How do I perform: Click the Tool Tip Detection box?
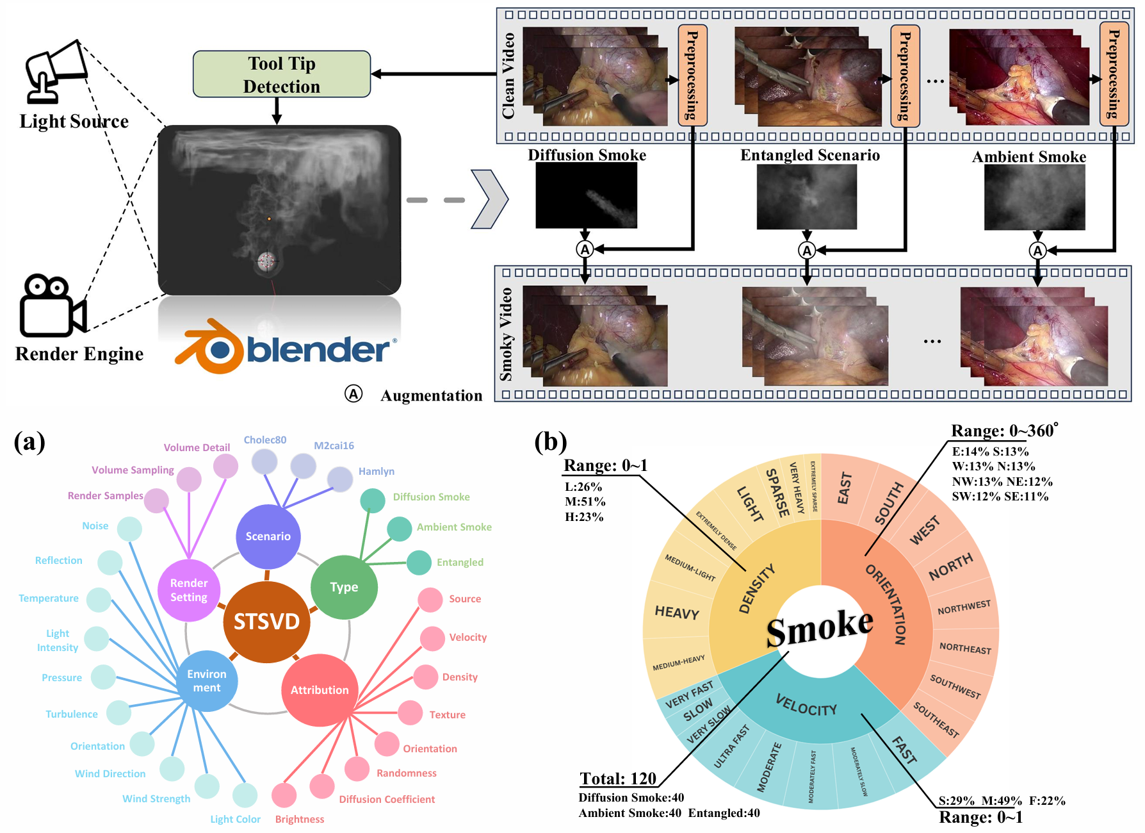point(282,74)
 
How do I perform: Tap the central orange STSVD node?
point(266,622)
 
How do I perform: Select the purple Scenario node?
point(268,536)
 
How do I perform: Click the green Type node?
point(344,587)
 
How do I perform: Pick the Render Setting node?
point(189,590)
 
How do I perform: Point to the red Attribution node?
point(319,690)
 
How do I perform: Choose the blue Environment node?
point(206,680)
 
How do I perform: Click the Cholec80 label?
point(265,440)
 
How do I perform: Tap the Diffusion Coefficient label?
point(387,800)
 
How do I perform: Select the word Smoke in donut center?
point(820,628)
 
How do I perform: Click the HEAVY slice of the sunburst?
point(677,613)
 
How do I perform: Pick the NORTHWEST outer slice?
point(964,607)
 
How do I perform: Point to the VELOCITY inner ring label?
point(806,705)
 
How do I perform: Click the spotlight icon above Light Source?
point(55,71)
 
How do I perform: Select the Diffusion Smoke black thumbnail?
point(586,195)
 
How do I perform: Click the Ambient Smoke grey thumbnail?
point(1034,197)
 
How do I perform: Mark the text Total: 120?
point(618,779)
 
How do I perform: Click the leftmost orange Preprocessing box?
point(692,74)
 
